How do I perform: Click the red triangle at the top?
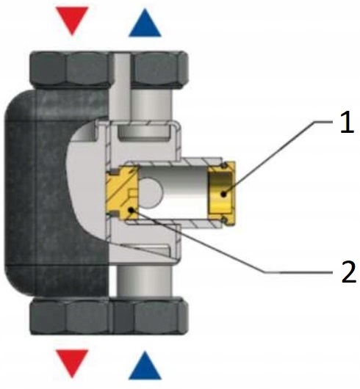click(72, 18)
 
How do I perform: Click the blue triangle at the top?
click(145, 25)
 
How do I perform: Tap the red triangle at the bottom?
click(72, 360)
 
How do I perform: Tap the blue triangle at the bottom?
click(145, 367)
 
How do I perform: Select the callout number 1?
click(347, 122)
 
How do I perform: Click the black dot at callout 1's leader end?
click(224, 194)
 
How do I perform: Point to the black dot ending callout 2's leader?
click(131, 211)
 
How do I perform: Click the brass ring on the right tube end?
click(222, 193)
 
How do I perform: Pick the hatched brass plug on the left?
click(122, 192)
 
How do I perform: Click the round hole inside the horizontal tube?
click(150, 192)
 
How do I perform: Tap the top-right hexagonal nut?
click(159, 70)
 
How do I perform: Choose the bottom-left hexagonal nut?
click(71, 316)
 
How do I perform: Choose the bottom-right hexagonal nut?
click(150, 316)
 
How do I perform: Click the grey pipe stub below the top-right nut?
click(151, 105)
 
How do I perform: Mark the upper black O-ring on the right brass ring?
click(224, 165)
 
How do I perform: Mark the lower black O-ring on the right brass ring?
click(225, 219)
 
